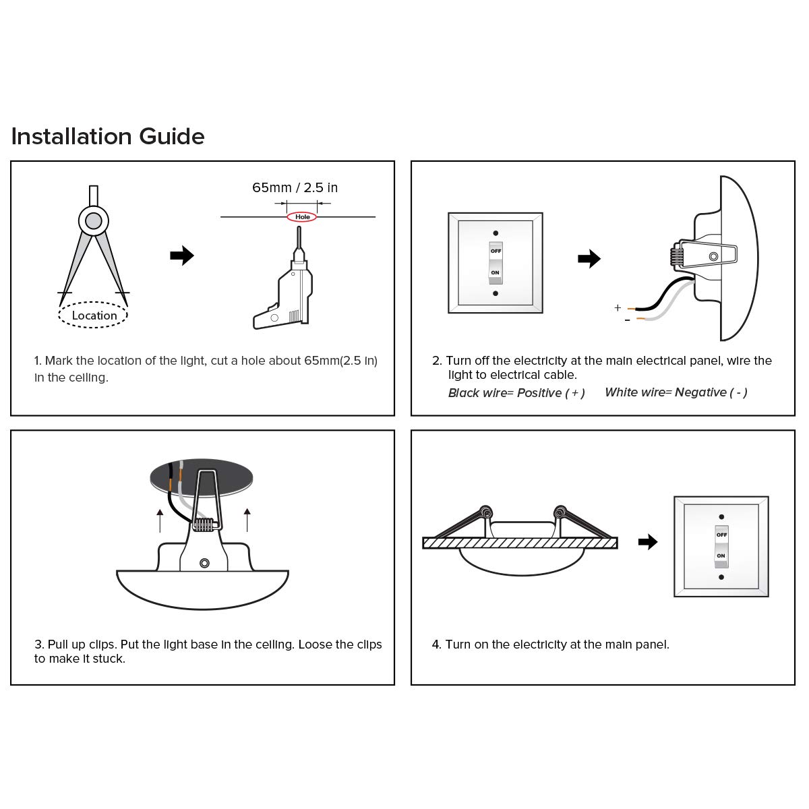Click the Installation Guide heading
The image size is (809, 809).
[x=108, y=136]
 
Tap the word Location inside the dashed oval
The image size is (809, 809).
[x=94, y=316]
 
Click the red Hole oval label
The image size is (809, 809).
[x=302, y=217]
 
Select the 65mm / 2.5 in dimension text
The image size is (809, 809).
[x=295, y=187]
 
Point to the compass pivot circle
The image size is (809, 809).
[x=93, y=220]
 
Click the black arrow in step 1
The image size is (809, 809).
[x=182, y=256]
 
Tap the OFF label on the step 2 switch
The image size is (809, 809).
[x=496, y=251]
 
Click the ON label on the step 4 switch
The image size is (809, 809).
[x=721, y=556]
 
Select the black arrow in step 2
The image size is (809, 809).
[x=589, y=258]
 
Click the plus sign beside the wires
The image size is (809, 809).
[x=618, y=308]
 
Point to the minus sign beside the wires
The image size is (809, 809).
[x=627, y=320]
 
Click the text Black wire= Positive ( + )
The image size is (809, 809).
[x=516, y=392]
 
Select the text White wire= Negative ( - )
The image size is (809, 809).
[x=676, y=392]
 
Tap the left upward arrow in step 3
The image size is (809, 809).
[x=160, y=520]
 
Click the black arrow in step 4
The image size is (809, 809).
[x=647, y=541]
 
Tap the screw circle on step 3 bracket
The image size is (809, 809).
[x=204, y=563]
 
